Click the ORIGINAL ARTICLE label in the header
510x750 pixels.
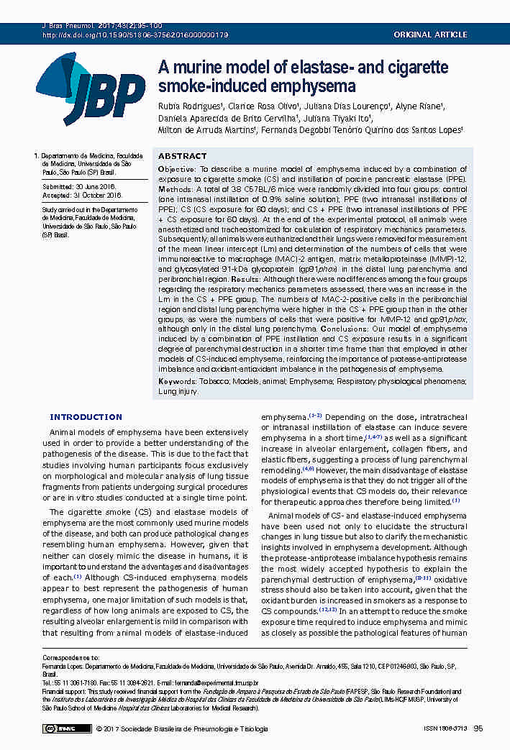[430, 35]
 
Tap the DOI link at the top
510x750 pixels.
[135, 35]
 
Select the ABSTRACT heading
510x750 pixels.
[182, 156]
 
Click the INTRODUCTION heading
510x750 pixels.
[86, 417]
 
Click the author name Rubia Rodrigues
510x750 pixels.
[181, 106]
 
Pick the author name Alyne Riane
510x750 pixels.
[419, 106]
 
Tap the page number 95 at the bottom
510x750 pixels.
[478, 728]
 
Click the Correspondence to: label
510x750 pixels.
[70, 658]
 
